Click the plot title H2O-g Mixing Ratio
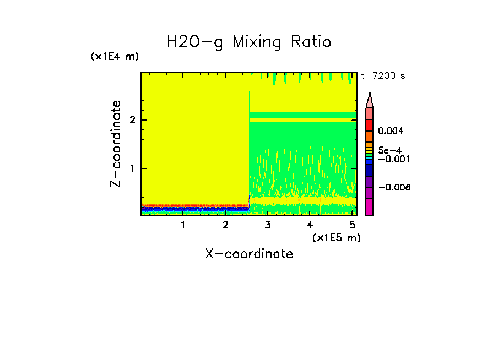pos(249,42)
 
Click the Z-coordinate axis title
pos(116,144)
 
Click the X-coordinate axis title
pos(249,254)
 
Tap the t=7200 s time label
pos(383,75)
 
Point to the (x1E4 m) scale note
pos(115,57)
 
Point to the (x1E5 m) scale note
pos(336,237)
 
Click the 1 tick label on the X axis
pos(183,225)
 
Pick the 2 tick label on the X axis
pos(225,225)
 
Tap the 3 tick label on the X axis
pos(268,225)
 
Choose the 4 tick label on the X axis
pos(310,225)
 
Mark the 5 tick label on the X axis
pos(352,225)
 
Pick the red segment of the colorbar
pos(370,125)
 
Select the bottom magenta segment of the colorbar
pos(370,207)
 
